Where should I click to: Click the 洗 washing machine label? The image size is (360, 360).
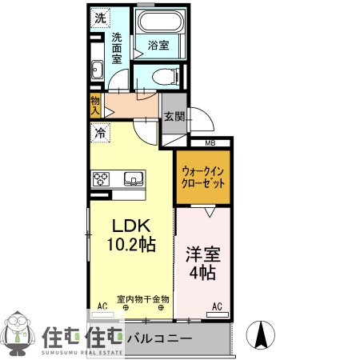(99, 17)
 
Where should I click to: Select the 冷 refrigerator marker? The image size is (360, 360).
(102, 134)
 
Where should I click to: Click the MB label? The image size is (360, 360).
(210, 143)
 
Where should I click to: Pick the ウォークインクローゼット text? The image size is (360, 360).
(203, 176)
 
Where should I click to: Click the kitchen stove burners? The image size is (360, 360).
(102, 178)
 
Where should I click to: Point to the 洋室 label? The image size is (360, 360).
(202, 255)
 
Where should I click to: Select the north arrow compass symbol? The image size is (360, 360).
(260, 334)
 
